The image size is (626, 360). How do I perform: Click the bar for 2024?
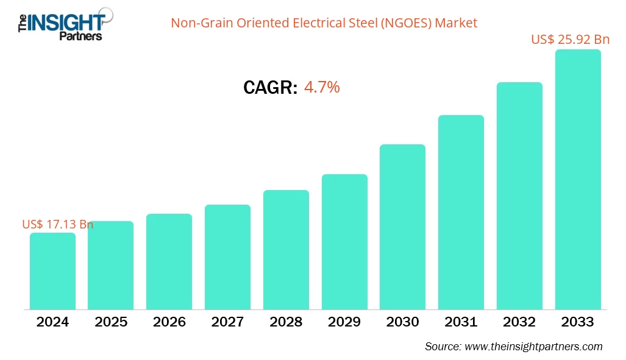pyautogui.click(x=52, y=271)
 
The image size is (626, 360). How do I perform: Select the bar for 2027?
pyautogui.click(x=227, y=257)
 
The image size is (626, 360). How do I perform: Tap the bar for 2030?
pyautogui.click(x=402, y=227)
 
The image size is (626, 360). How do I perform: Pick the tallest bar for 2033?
pyautogui.click(x=577, y=180)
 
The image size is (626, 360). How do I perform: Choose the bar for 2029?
pyautogui.click(x=344, y=242)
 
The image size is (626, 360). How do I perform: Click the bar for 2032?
pyautogui.click(x=519, y=196)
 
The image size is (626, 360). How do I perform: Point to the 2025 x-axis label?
pyautogui.click(x=111, y=322)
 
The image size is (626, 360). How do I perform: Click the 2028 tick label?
pyautogui.click(x=286, y=322)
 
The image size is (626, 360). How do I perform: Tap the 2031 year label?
pyautogui.click(x=461, y=322)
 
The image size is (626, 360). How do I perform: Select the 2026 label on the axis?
pyautogui.click(x=169, y=322)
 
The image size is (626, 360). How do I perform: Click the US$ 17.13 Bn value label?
pyautogui.click(x=57, y=224)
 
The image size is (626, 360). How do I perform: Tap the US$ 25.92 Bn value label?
pyautogui.click(x=570, y=40)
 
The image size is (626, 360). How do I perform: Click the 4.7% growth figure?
pyautogui.click(x=322, y=88)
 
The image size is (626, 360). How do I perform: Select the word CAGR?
pyautogui.click(x=270, y=88)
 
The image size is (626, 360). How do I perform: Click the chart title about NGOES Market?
pyautogui.click(x=324, y=23)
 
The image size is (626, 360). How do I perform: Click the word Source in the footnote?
pyautogui.click(x=442, y=347)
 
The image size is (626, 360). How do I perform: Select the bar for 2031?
pyautogui.click(x=461, y=212)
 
